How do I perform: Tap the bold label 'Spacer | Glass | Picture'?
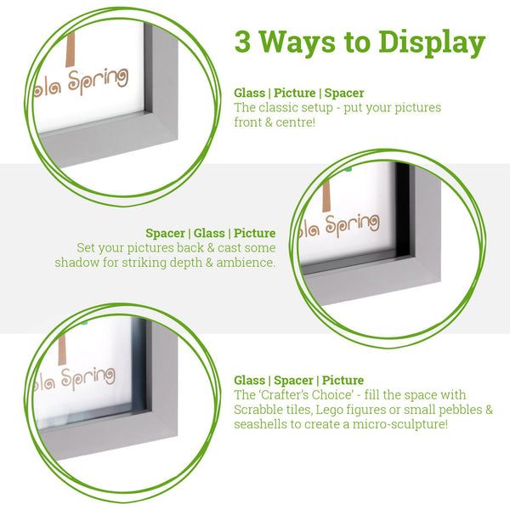pos(210,233)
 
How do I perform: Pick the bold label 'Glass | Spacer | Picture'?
pos(298,380)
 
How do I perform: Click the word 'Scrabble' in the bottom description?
pos(260,410)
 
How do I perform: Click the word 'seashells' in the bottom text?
pos(260,424)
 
